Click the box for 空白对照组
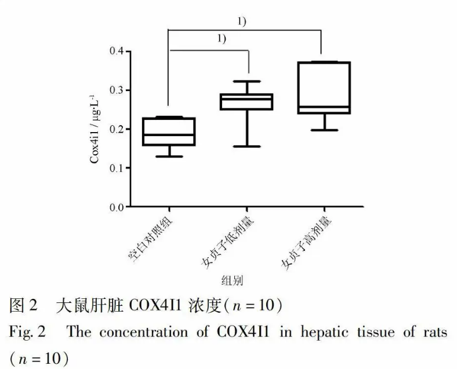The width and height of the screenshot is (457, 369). pyautogui.click(x=169, y=131)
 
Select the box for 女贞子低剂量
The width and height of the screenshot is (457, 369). pyautogui.click(x=246, y=102)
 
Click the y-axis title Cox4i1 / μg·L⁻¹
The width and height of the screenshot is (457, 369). pyautogui.click(x=95, y=128)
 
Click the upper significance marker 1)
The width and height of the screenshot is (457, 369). pyautogui.click(x=242, y=21)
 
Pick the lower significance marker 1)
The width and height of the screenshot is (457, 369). pyautogui.click(x=222, y=39)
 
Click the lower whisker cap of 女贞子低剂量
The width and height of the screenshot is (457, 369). pyautogui.click(x=246, y=147)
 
